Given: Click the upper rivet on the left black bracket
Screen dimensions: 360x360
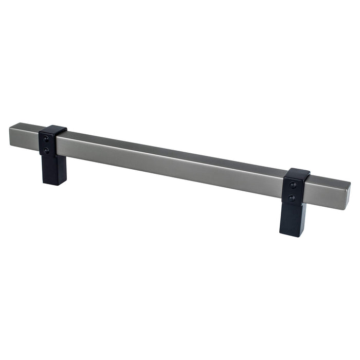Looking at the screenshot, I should click(x=46, y=139).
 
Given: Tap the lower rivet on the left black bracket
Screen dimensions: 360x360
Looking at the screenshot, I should click(x=46, y=151).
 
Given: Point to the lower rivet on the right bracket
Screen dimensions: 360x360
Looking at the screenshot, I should click(x=292, y=198).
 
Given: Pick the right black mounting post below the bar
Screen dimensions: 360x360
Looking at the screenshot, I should click(x=293, y=219).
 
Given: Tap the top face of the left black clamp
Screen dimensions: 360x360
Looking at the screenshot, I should click(x=53, y=129).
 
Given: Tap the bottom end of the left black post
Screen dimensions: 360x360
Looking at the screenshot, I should click(x=53, y=183).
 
